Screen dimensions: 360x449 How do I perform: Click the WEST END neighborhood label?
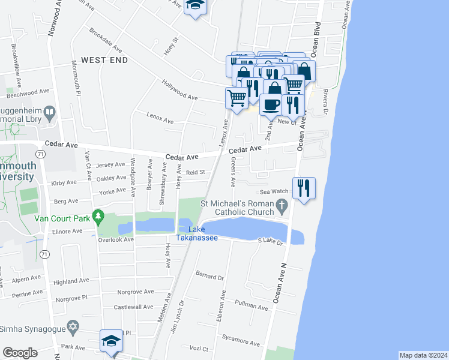click(104, 61)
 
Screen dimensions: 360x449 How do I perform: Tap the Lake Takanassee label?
click(196, 234)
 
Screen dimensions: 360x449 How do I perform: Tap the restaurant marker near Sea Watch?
click(304, 188)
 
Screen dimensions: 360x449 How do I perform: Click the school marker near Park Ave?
click(111, 341)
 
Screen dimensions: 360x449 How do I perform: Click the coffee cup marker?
click(270, 104)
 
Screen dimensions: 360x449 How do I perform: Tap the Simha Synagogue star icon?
click(73, 328)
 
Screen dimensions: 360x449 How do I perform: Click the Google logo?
click(20, 353)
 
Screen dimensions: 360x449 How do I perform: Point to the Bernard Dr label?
click(209, 276)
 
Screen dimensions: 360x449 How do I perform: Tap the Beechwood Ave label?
click(28, 93)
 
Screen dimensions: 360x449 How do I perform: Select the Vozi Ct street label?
click(197, 349)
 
